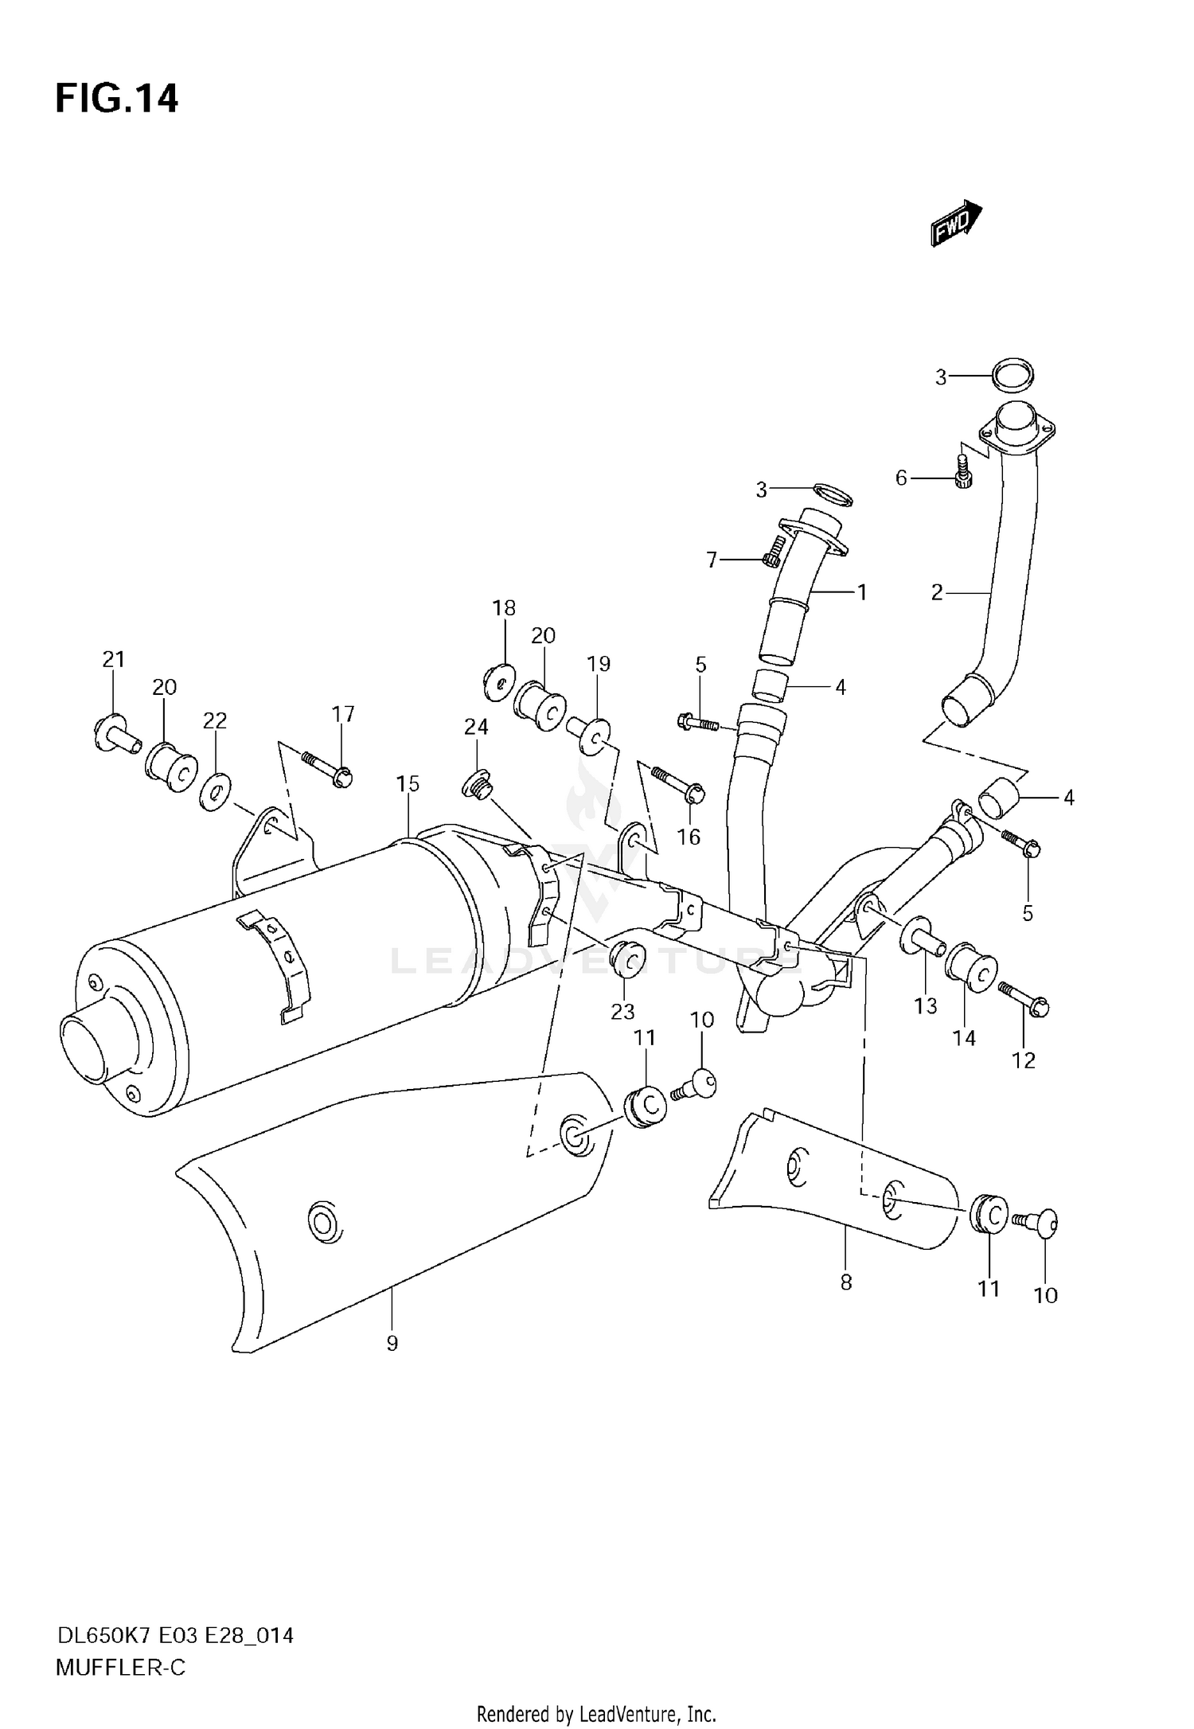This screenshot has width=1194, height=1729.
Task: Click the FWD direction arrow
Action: [955, 222]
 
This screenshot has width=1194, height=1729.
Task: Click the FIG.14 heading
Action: [116, 99]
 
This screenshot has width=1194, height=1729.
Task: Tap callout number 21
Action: [113, 659]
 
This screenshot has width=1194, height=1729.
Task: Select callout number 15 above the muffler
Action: [408, 784]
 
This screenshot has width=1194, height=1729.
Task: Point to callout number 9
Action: [392, 1344]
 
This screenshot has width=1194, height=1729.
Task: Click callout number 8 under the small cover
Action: [845, 1282]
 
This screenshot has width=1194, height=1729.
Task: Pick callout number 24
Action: [476, 727]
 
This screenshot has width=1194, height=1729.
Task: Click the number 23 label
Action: [622, 1011]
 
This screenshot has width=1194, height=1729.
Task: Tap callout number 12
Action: [1024, 1060]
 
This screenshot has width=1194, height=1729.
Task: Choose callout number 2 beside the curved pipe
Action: [937, 592]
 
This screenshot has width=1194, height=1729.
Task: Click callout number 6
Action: [901, 478]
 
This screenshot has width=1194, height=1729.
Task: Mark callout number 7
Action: [712, 560]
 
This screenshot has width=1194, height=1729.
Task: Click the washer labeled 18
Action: [499, 681]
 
